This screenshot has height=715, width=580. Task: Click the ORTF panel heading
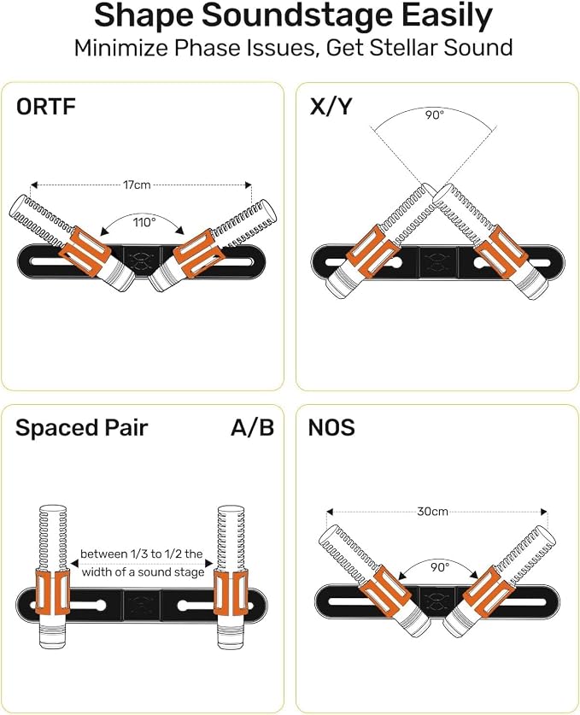pyautogui.click(x=45, y=107)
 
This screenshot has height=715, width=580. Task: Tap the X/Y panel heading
pyautogui.click(x=331, y=107)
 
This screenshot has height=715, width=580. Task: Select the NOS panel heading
pyautogui.click(x=331, y=428)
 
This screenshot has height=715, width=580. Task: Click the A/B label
pyautogui.click(x=252, y=428)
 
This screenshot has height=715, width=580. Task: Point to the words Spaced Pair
pyautogui.click(x=82, y=428)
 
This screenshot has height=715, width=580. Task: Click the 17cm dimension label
pyautogui.click(x=137, y=185)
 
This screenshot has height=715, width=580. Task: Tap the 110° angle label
pyautogui.click(x=144, y=222)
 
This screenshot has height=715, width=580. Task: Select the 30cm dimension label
pyautogui.click(x=433, y=511)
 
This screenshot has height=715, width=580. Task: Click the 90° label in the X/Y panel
pyautogui.click(x=435, y=114)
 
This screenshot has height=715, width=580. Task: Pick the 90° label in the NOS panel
pyautogui.click(x=440, y=567)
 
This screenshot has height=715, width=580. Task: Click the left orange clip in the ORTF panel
pyautogui.click(x=86, y=251)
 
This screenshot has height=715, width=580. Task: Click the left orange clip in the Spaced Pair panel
pyautogui.click(x=52, y=592)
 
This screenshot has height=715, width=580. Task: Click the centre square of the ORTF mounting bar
pyautogui.click(x=143, y=261)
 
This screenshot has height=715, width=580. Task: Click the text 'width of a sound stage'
pyautogui.click(x=143, y=571)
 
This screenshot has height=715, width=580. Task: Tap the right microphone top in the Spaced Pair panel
pyautogui.click(x=231, y=510)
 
